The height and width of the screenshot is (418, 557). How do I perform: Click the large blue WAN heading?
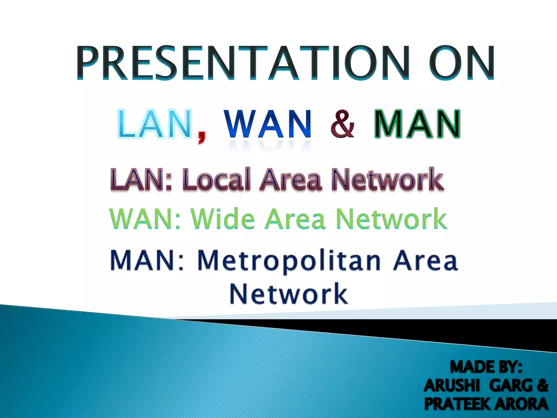pyautogui.click(x=268, y=124)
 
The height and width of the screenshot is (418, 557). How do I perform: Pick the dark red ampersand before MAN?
pyautogui.click(x=343, y=124)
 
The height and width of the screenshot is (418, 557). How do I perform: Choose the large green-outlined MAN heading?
pyautogui.click(x=417, y=124)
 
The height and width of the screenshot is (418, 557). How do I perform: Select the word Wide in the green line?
pyautogui.click(x=223, y=219)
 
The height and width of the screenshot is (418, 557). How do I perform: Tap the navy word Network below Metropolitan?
pyautogui.click(x=289, y=294)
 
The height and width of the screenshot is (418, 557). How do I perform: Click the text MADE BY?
pyautogui.click(x=486, y=367)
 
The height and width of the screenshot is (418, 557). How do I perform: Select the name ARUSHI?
pyautogui.click(x=452, y=386)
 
